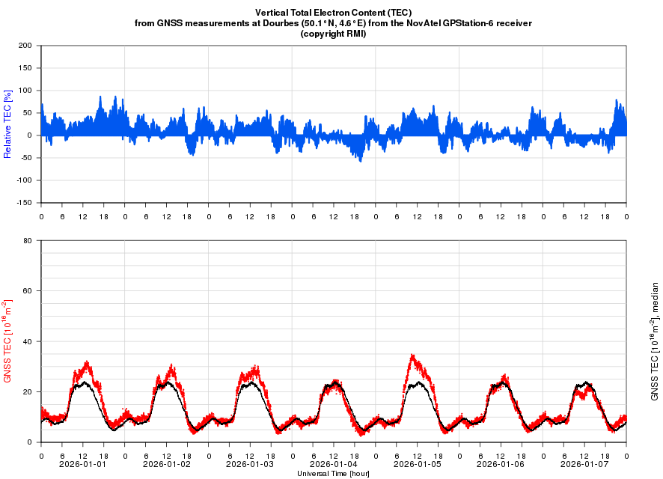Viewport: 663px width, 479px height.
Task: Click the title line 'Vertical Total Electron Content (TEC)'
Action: click(333, 13)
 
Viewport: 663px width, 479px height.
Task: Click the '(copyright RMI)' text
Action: click(333, 34)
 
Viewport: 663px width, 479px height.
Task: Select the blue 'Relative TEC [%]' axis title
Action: click(7, 124)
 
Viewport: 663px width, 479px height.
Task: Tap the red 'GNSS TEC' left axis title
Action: click(7, 341)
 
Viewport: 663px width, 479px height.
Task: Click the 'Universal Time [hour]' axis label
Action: click(333, 473)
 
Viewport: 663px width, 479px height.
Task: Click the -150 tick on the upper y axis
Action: click(25, 203)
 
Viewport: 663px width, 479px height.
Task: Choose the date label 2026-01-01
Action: click(82, 464)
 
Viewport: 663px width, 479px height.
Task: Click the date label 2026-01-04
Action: click(334, 464)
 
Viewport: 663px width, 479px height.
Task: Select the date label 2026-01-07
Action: click(584, 464)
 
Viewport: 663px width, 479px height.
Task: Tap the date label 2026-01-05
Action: click(418, 464)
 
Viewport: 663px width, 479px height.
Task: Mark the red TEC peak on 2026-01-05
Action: click(412, 356)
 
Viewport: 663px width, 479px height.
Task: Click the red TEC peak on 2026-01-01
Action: click(88, 363)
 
